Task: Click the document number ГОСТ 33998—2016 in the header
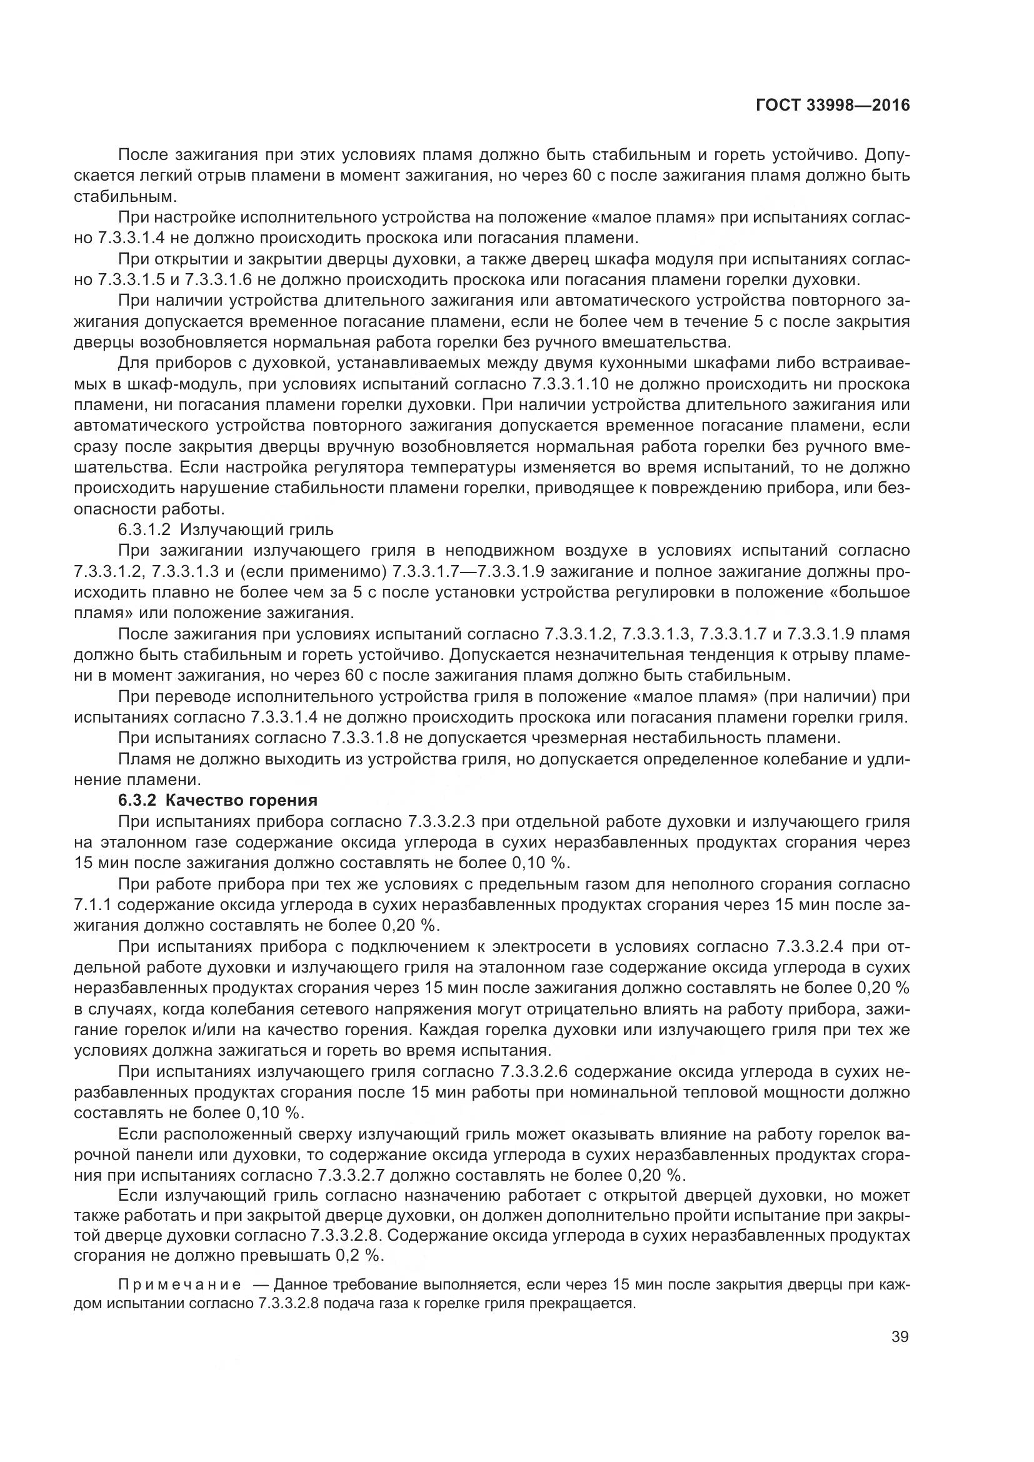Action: (832, 106)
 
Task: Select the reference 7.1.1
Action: (94, 905)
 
